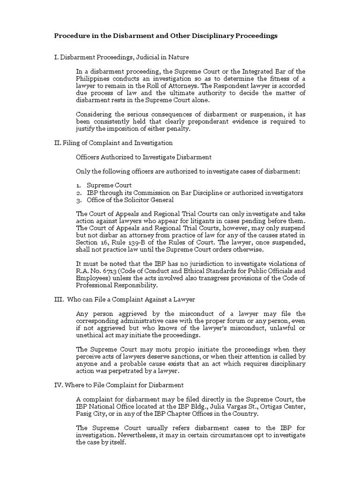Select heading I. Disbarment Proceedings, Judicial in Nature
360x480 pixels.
tap(122, 57)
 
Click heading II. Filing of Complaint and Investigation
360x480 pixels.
tap(114, 142)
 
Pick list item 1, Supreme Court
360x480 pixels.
tap(109, 185)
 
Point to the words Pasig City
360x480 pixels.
tap(92, 414)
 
